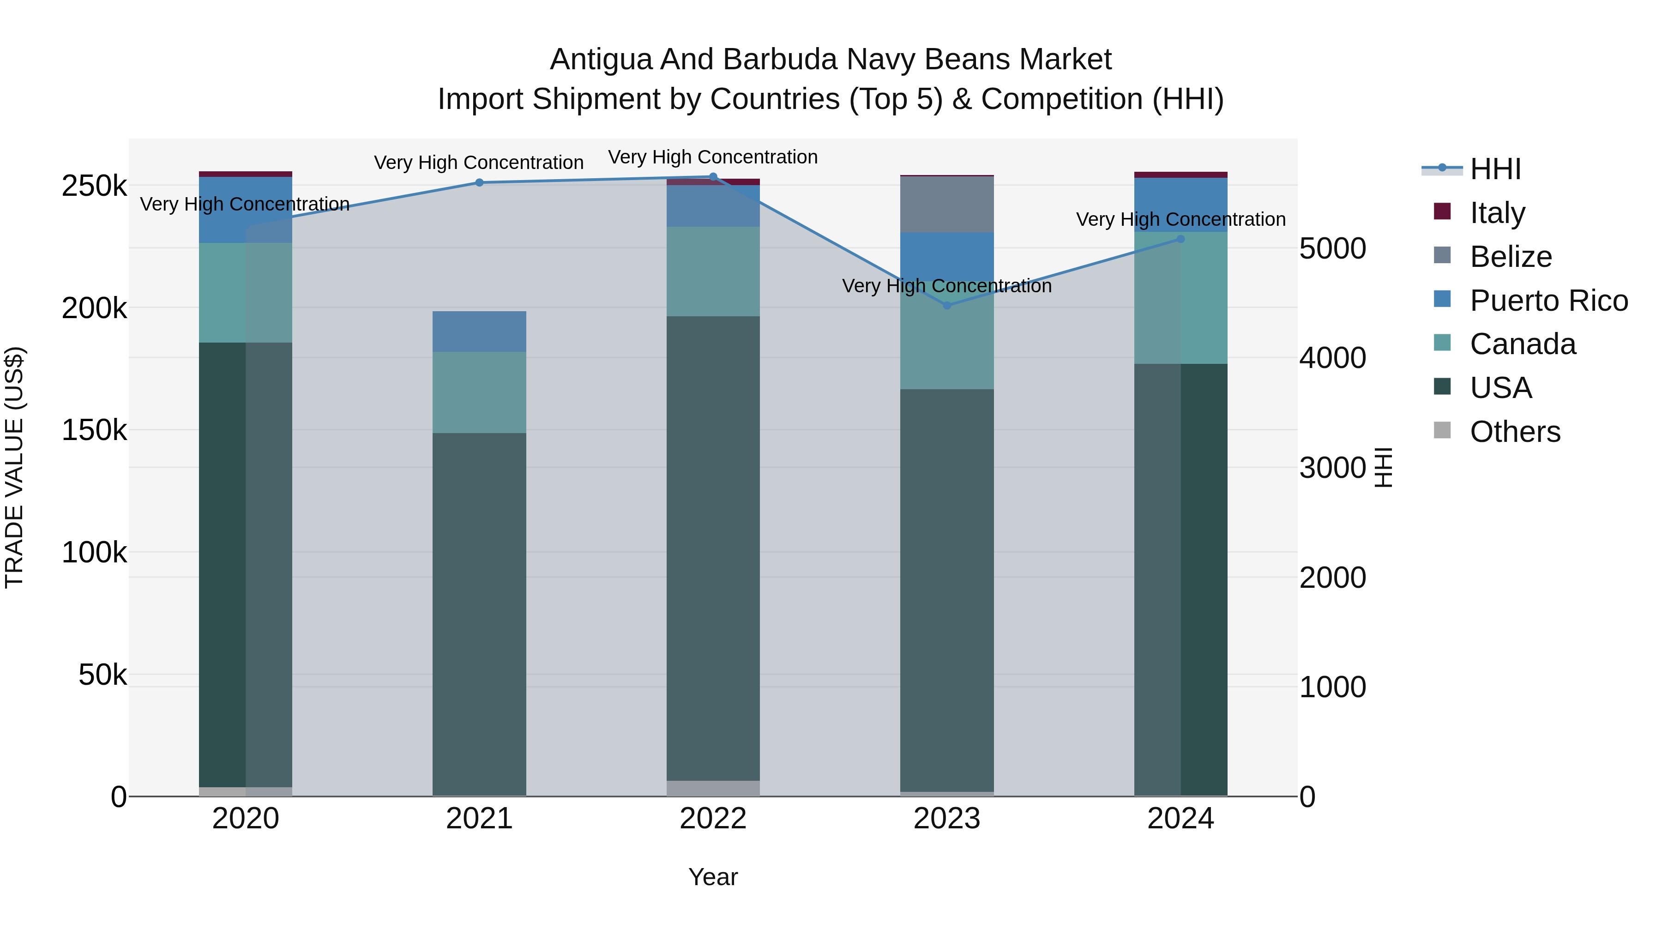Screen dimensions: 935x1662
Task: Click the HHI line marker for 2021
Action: [479, 182]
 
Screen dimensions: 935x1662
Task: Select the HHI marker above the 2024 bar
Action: [1180, 239]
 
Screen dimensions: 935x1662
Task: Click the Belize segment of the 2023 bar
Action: [946, 204]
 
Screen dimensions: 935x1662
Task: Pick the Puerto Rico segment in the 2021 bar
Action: [479, 331]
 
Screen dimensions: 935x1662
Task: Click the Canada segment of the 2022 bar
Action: [713, 271]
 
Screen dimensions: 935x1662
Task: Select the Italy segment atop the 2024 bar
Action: [1180, 175]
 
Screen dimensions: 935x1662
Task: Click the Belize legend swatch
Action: [1442, 255]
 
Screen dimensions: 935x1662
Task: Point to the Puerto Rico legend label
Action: [1549, 301]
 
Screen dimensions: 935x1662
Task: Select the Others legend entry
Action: [1515, 432]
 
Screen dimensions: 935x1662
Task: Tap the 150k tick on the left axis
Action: [94, 430]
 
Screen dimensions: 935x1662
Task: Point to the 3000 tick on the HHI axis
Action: [1332, 468]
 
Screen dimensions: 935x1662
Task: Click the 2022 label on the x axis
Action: [713, 819]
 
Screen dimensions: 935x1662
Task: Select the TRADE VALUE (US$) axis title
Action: [15, 467]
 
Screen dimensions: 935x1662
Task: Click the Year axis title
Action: [713, 877]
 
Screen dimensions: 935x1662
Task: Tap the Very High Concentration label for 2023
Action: [946, 286]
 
